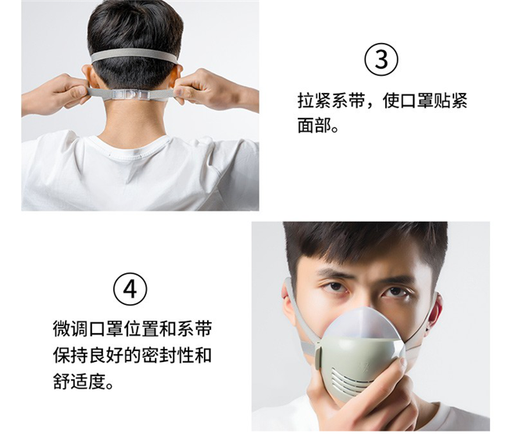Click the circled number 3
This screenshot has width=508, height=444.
point(381,60)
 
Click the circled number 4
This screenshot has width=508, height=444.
point(131,289)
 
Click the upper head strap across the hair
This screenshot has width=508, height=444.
point(134,55)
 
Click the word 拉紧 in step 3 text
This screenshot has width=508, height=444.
point(315,100)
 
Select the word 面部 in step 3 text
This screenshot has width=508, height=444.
point(315,125)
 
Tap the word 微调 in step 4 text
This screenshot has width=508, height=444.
point(70,329)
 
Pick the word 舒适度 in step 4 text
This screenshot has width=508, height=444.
point(80,381)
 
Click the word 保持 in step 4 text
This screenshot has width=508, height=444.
point(70,355)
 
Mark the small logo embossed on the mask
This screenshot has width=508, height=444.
point(361,366)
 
